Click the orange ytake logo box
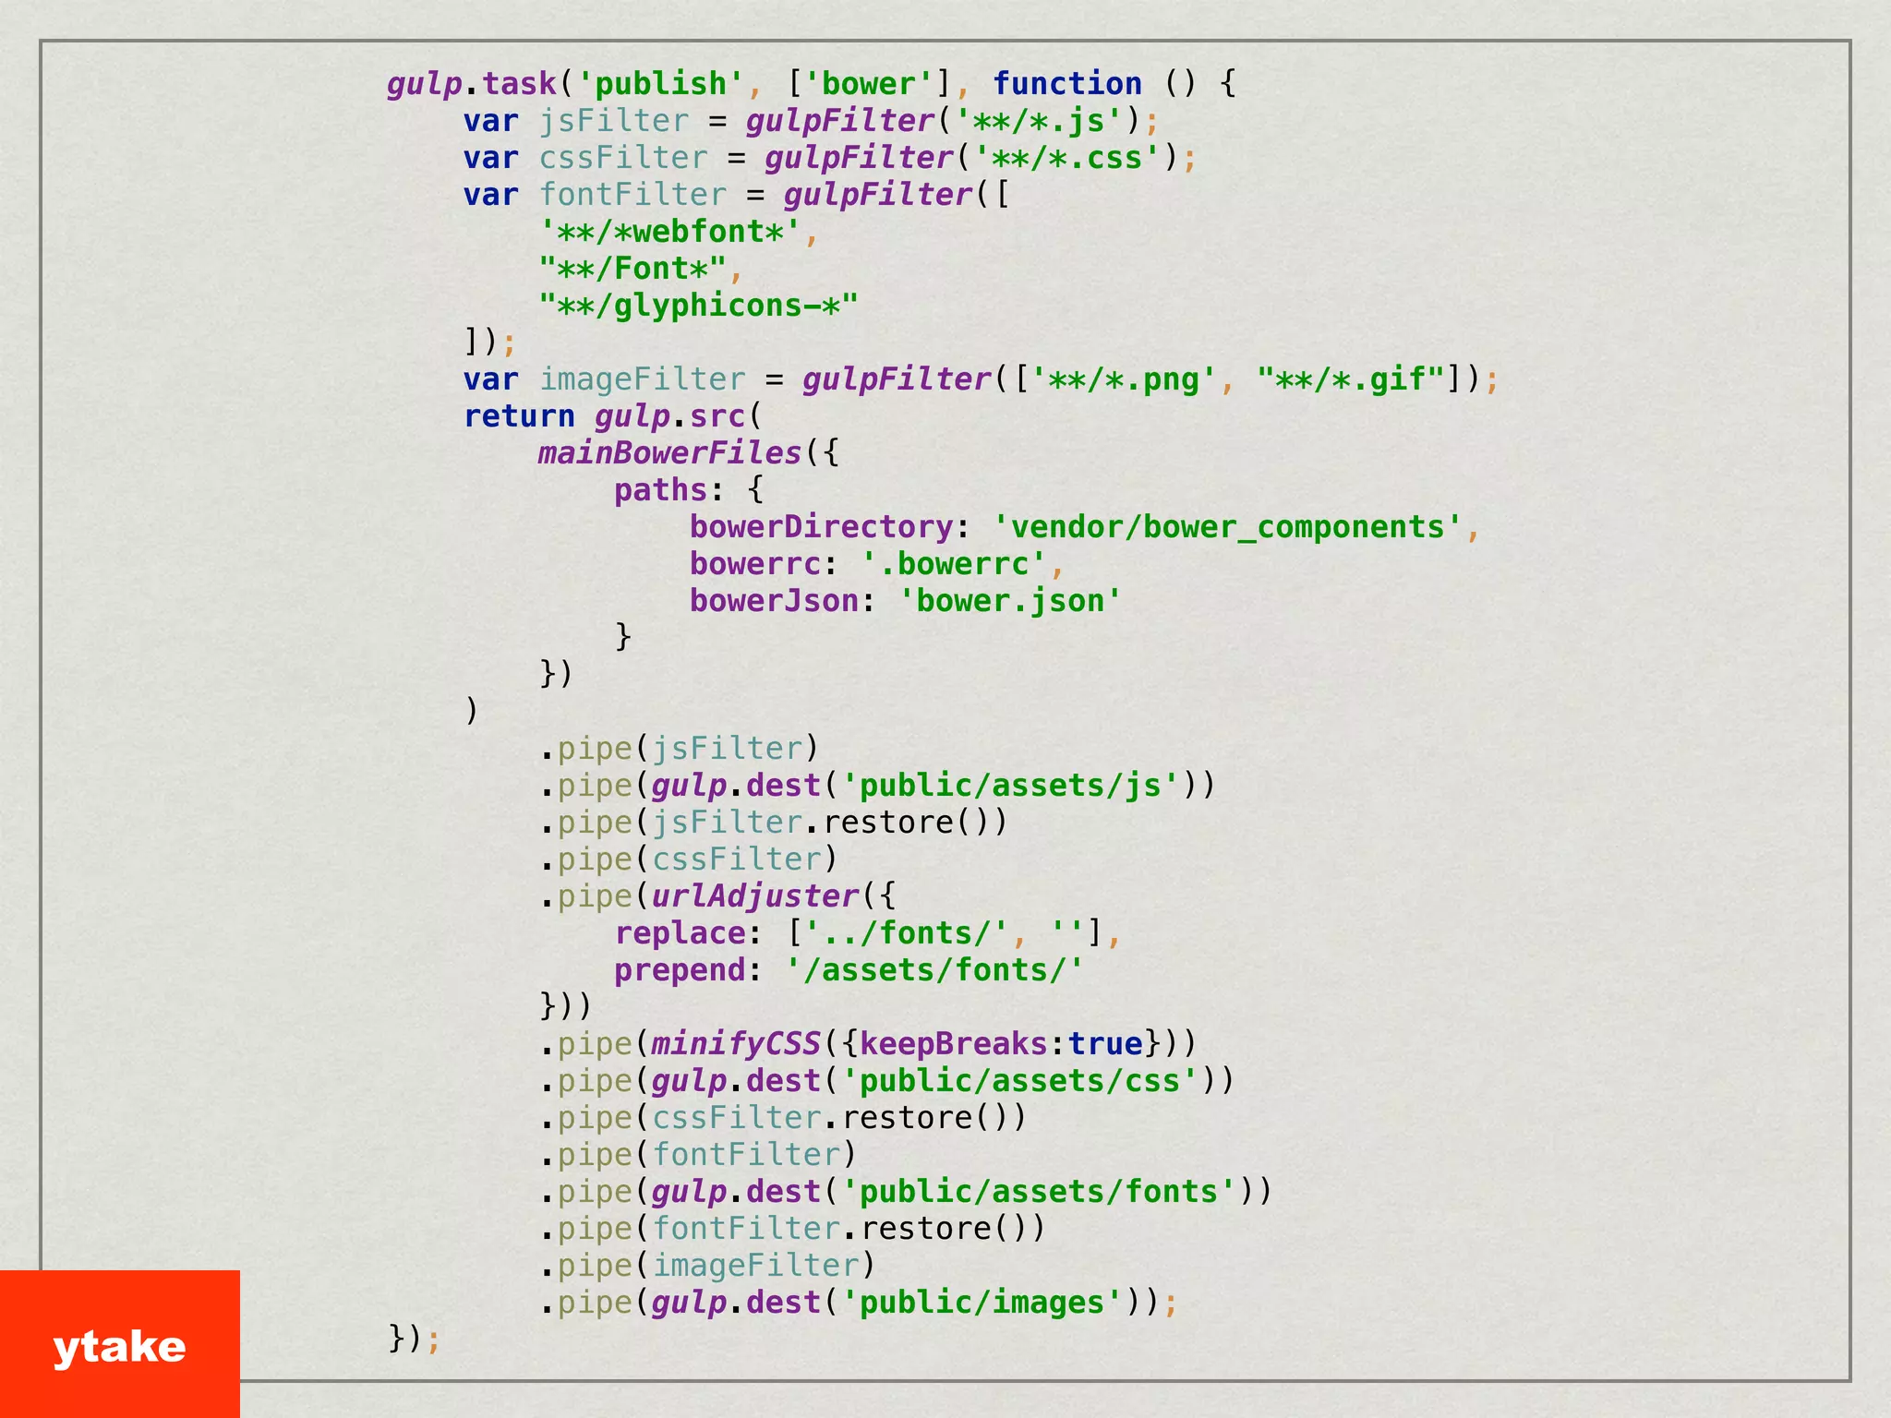coord(119,1343)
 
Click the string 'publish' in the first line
coord(660,84)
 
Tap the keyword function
coord(1066,84)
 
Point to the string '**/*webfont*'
coord(669,232)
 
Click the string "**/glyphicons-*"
coord(698,306)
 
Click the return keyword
coord(519,416)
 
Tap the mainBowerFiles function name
coord(669,453)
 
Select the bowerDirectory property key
coord(821,527)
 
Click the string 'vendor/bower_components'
coord(1227,527)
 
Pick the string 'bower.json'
coord(1010,601)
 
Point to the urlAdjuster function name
coord(754,896)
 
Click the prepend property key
coord(680,970)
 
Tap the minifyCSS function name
coord(736,1044)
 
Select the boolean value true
coord(1105,1044)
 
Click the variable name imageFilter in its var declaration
coord(642,379)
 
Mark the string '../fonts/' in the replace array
coord(906,933)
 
